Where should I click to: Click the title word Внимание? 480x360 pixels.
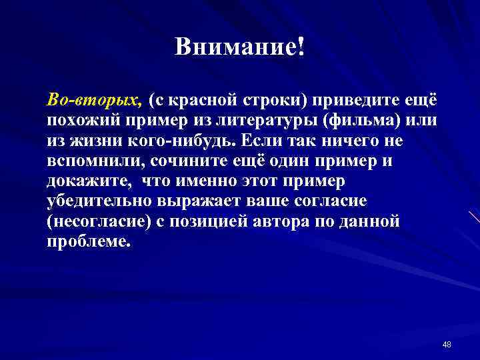[239, 47]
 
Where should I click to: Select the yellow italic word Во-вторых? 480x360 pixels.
[93, 99]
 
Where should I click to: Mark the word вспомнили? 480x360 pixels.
[96, 162]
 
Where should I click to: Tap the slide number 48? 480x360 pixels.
[447, 344]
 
